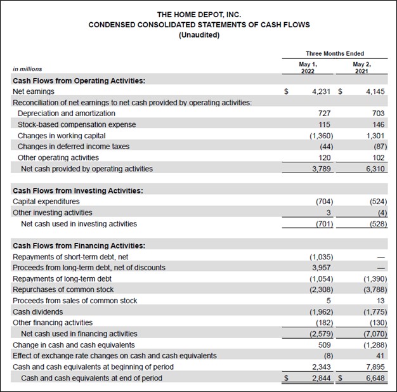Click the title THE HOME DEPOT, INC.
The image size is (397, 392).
point(198,14)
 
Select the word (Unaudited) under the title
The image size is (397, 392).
point(198,35)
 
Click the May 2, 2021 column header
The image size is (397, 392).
point(362,69)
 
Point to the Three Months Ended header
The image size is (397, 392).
point(335,54)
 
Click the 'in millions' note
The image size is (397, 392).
point(28,69)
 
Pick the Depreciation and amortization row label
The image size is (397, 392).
point(67,114)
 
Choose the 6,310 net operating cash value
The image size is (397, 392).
point(375,169)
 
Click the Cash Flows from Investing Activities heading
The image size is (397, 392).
point(77,190)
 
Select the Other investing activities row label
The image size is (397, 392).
point(52,212)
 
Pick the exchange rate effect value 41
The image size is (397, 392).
point(381,356)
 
